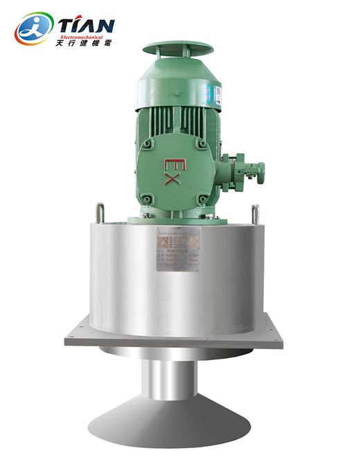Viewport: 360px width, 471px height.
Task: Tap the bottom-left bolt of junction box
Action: click(147, 199)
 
